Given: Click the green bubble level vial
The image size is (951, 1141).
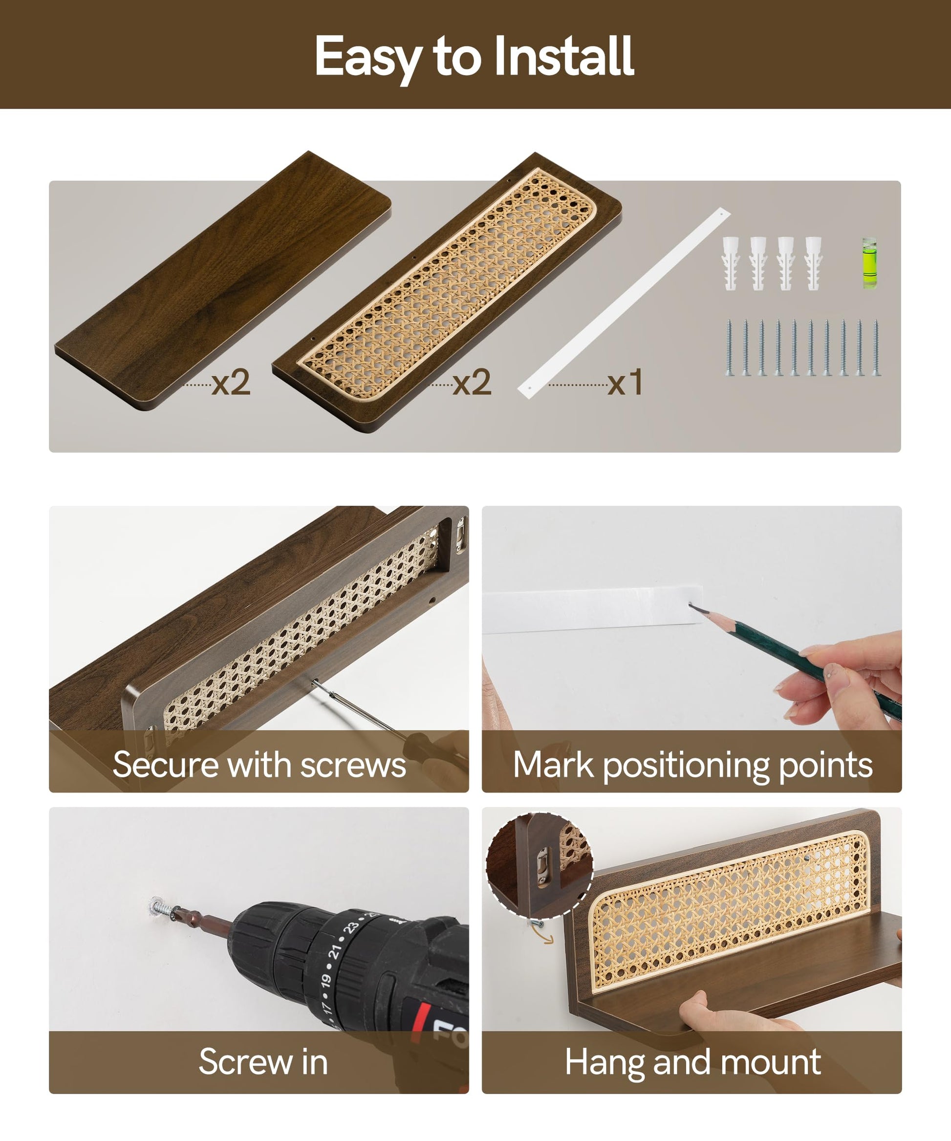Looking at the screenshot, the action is [x=869, y=262].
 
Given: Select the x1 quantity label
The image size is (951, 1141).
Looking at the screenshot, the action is [x=626, y=383].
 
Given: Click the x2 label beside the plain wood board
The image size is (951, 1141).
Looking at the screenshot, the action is [x=231, y=383].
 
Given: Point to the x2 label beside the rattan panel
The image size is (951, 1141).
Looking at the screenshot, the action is [x=472, y=383].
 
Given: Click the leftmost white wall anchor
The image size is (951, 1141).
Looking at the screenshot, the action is [x=731, y=263].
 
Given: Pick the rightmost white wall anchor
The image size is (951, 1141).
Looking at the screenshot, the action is [x=814, y=263].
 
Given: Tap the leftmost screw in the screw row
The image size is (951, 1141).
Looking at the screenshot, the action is [x=729, y=348].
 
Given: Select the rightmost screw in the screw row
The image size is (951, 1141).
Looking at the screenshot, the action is [x=876, y=348].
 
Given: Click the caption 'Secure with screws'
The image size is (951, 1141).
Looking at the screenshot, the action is [x=259, y=765].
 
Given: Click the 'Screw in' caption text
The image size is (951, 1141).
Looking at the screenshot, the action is [x=263, y=1062].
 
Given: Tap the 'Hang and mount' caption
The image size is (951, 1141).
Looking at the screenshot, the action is [x=693, y=1063].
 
